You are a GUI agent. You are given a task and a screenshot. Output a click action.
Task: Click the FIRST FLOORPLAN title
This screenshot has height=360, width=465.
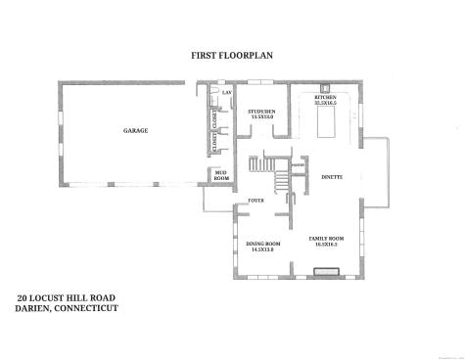pos(232,56)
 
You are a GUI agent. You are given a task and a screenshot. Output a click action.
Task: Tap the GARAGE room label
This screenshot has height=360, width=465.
pos(135,130)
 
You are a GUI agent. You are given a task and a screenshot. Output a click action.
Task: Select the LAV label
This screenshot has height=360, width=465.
pos(225,92)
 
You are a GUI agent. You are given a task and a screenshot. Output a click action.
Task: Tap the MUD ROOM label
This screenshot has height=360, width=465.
pos(220,177)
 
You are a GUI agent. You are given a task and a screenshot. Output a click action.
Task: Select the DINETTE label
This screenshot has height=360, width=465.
pos(331,176)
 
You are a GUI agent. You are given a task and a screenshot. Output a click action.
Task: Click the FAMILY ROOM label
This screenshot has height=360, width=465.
pos(327,239)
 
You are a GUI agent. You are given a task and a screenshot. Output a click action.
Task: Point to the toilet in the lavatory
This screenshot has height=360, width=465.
pos(212,94)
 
